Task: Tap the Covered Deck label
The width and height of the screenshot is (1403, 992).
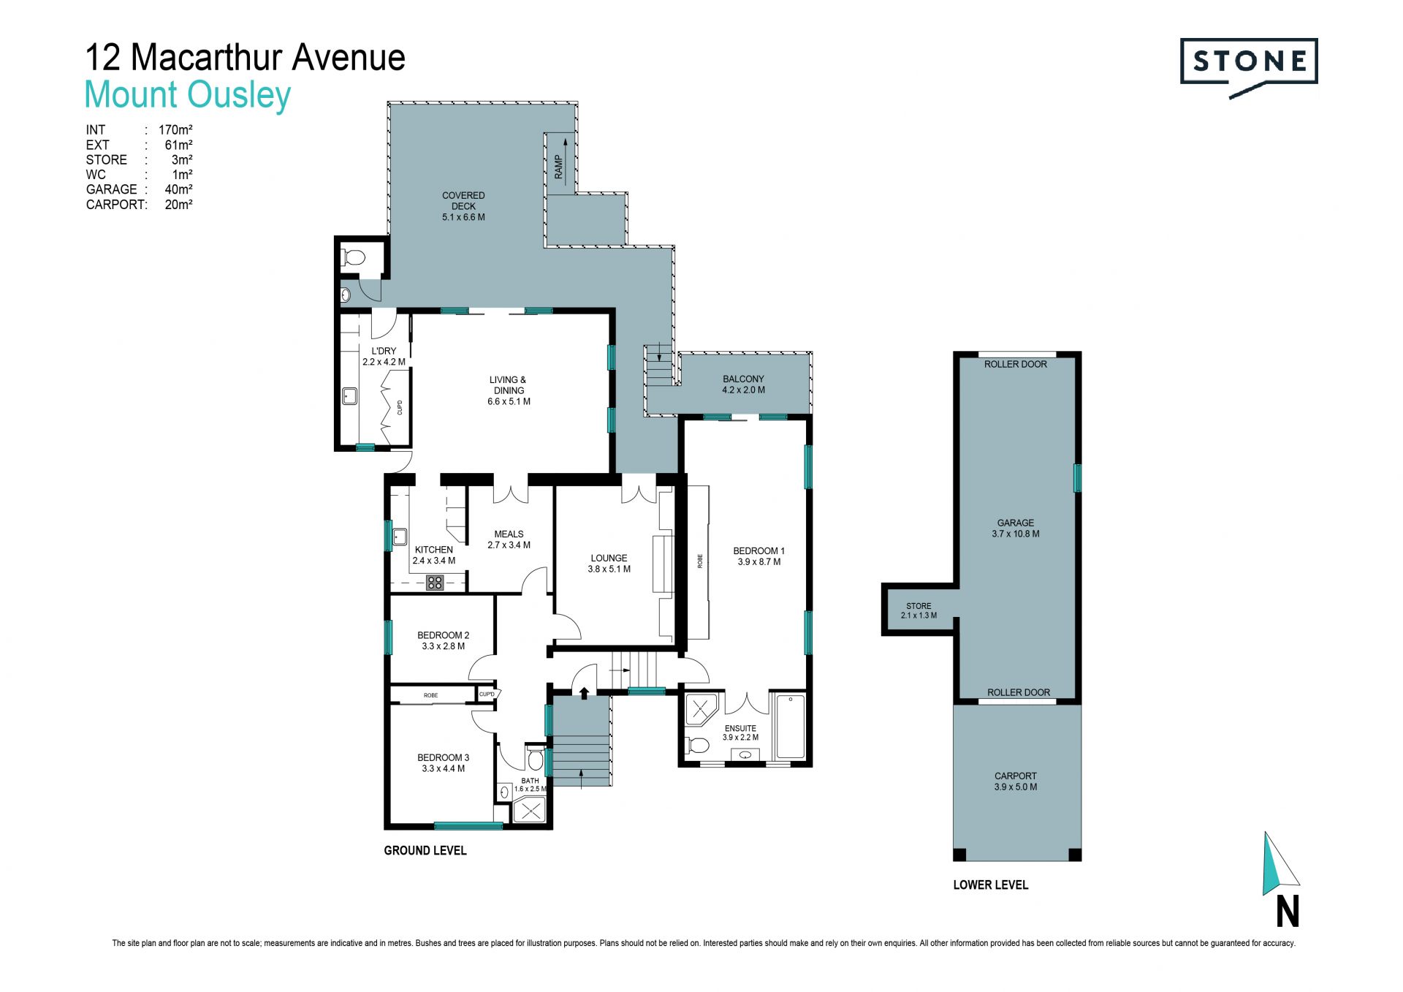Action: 463,206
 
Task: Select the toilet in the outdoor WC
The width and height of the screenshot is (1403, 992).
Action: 354,257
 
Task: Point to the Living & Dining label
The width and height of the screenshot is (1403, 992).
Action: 509,390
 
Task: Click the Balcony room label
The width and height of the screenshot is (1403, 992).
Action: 743,385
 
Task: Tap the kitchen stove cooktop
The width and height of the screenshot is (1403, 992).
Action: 436,583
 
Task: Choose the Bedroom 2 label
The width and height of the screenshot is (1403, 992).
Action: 443,640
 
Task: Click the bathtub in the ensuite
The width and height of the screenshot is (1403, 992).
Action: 790,727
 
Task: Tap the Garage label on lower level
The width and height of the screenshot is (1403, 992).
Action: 1016,528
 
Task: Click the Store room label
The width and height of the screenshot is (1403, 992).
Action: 919,610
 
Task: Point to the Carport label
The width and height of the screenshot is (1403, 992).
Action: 1016,781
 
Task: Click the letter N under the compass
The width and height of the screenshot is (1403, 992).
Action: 1288,912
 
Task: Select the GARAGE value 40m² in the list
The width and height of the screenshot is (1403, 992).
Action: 178,189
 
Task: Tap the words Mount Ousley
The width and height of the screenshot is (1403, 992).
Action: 188,95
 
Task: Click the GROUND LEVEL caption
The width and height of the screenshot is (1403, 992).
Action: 425,850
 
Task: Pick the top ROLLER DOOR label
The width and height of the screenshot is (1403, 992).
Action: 1016,364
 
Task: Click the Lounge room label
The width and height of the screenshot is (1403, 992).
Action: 609,563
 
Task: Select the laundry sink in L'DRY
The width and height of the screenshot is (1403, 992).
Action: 350,396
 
